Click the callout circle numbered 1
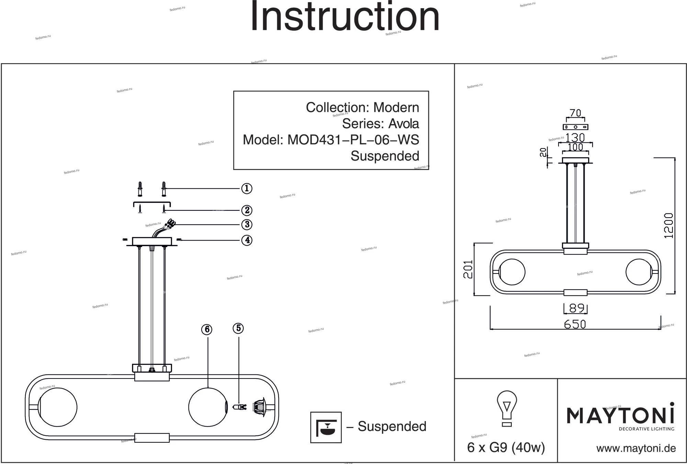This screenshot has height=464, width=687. tap(247, 188)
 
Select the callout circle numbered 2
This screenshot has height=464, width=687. tap(247, 210)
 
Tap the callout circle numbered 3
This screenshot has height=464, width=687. tap(247, 224)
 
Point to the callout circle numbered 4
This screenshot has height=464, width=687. tap(247, 240)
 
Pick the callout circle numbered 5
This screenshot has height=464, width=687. tap(238, 328)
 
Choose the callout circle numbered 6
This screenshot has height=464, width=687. tap(207, 329)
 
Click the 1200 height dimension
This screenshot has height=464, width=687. tap(668, 225)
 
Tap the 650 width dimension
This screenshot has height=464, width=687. tap(575, 324)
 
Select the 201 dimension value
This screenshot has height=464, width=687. tap(468, 269)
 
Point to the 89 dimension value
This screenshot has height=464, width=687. tap(576, 308)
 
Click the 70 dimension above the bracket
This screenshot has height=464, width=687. tap(575, 113)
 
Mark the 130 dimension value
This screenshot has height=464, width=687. tap(575, 138)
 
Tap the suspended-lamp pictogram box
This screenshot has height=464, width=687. tap(326, 427)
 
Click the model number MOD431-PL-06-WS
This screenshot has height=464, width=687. tap(353, 140)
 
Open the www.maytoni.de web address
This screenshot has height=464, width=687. tap(636, 448)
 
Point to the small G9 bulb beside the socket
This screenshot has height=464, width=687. tap(239, 407)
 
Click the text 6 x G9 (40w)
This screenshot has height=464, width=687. tap(506, 448)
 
